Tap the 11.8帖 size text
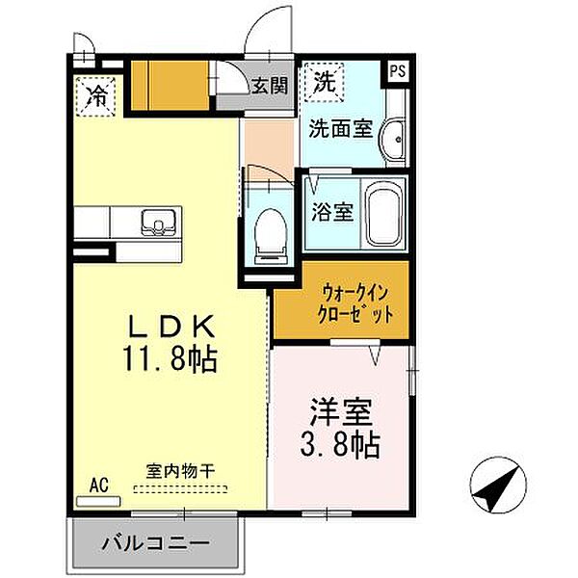(x=171, y=360)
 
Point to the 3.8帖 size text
(x=343, y=444)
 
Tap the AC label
(x=98, y=485)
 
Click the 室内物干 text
(x=180, y=472)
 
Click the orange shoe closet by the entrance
(x=170, y=86)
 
